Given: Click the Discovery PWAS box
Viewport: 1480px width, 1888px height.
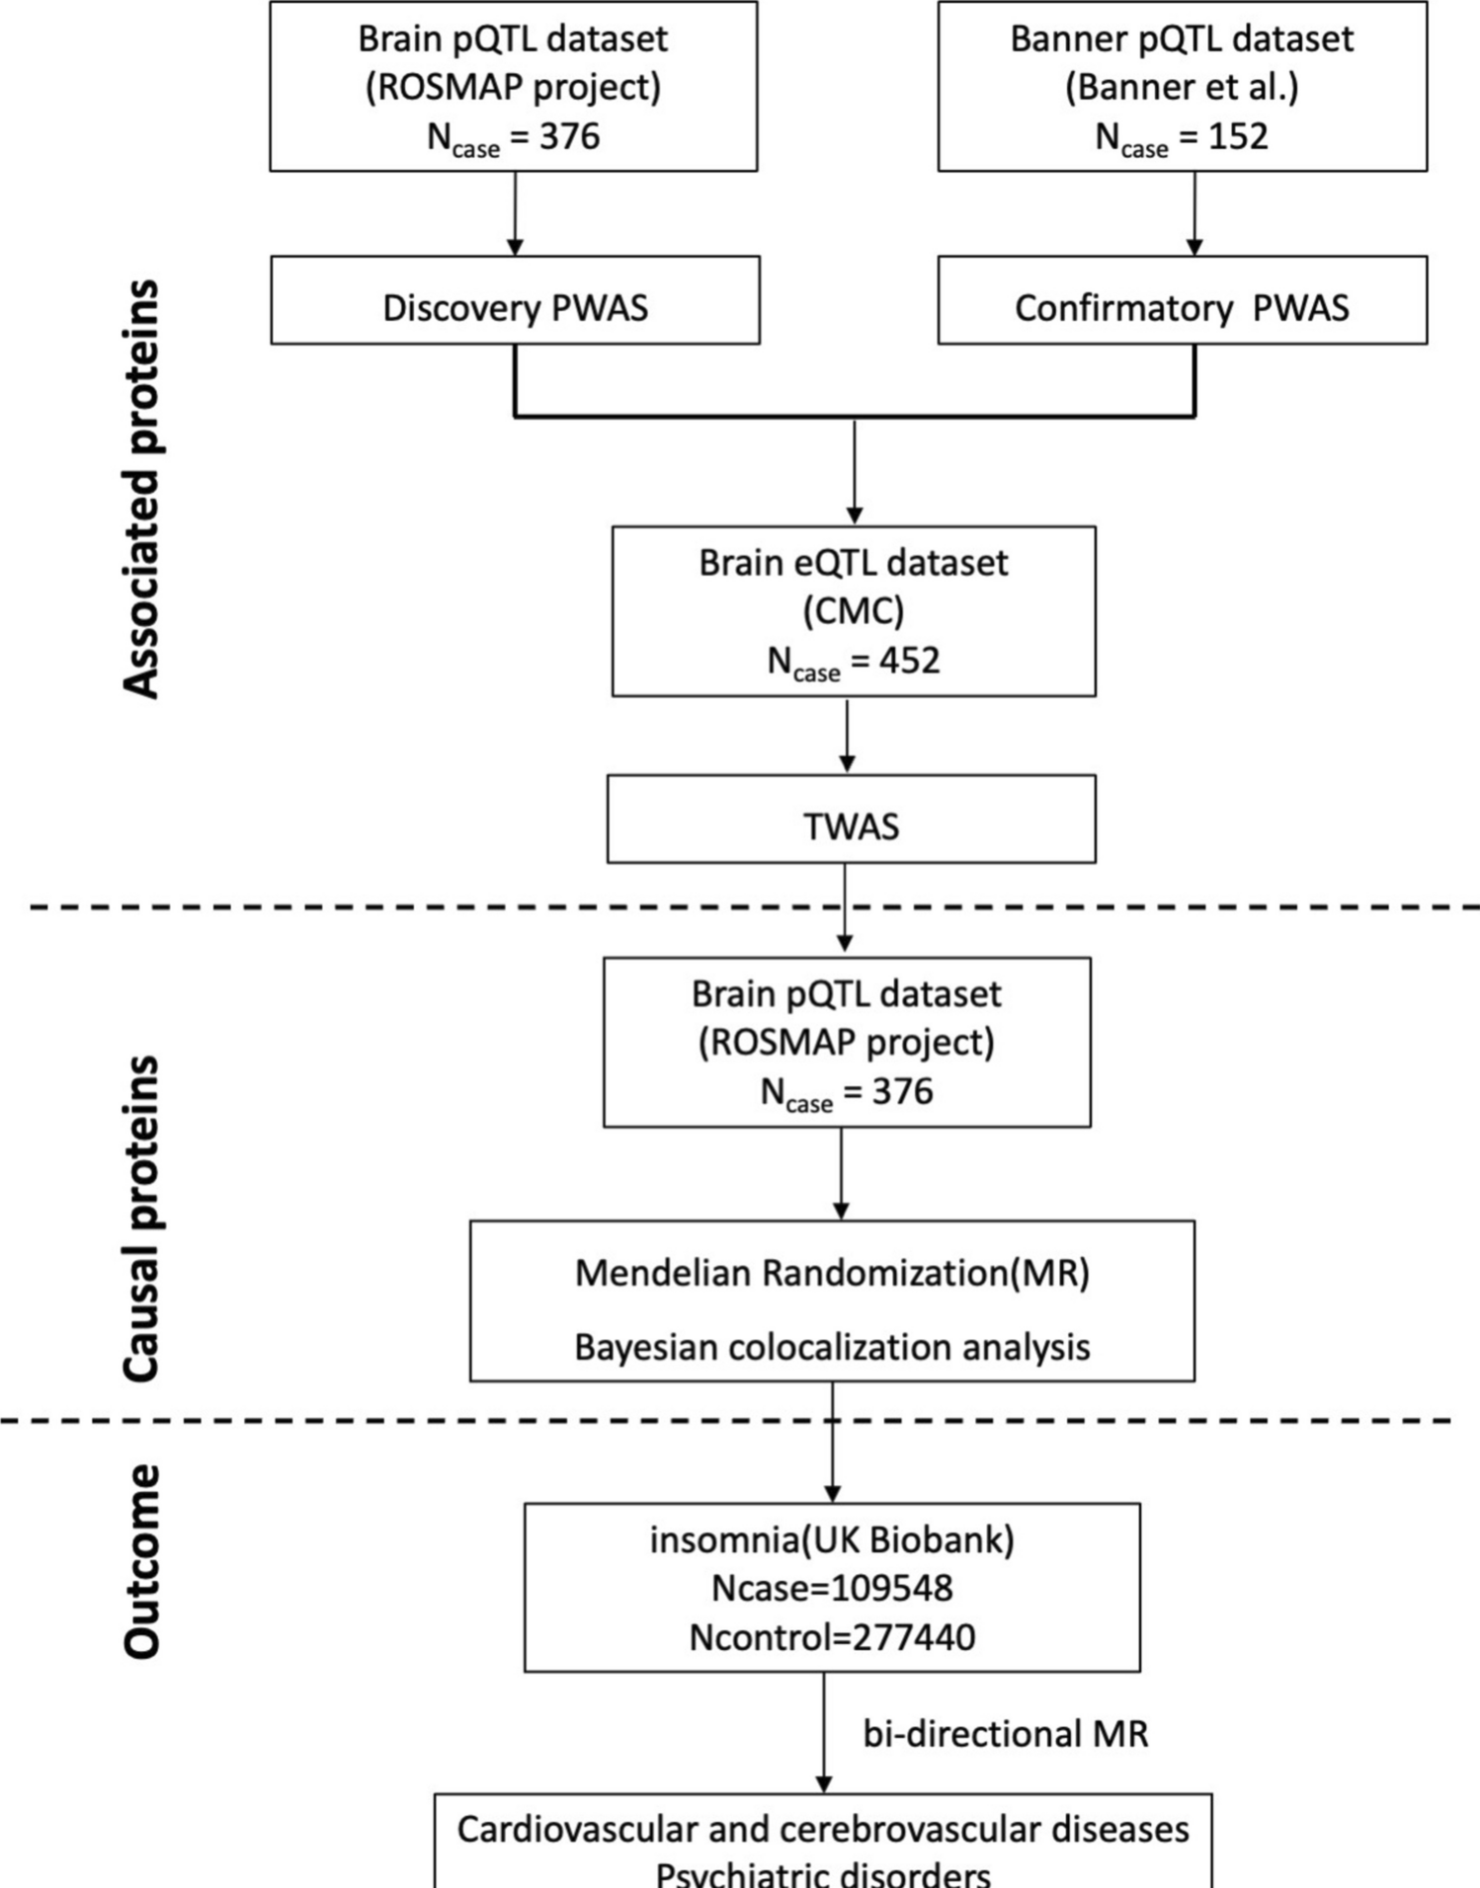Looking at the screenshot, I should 515,307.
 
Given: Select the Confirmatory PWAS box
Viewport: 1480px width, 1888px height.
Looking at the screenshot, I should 1182,307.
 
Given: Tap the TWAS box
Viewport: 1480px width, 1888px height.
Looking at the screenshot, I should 851,826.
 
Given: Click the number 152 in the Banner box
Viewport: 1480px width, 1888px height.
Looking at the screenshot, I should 1238,136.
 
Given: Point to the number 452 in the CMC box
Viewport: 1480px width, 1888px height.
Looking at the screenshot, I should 910,660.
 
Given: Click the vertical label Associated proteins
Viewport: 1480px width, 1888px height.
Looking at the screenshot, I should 141,489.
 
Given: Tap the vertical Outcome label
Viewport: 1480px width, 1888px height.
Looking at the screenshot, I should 141,1560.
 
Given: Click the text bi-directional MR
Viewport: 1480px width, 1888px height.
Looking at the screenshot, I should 1005,1734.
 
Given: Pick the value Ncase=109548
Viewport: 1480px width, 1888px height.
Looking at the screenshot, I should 832,1588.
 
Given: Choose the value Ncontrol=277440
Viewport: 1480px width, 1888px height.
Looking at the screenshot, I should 832,1637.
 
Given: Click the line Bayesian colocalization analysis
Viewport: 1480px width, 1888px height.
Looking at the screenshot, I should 832,1347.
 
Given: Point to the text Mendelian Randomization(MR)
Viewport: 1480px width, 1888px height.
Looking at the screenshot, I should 832,1273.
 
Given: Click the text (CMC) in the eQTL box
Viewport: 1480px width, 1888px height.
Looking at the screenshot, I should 854,611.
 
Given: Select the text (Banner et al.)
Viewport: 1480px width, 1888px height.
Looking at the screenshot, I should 1182,87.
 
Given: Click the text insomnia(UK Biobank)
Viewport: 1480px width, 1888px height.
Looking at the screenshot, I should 832,1539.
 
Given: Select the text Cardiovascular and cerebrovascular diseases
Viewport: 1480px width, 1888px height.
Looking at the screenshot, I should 822,1829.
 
